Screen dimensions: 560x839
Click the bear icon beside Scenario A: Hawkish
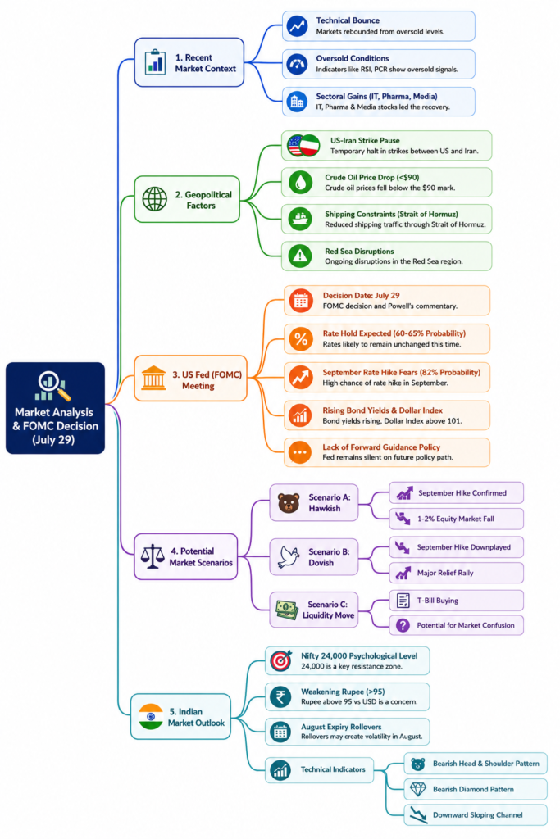coord(289,503)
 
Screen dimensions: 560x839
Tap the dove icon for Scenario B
coord(289,556)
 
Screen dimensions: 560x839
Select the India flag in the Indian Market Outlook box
coord(150,716)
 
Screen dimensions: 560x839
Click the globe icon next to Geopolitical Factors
coord(155,199)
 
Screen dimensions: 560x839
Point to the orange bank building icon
coord(153,378)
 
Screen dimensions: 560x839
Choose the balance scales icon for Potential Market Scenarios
coord(153,556)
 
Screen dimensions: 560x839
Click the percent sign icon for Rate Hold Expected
coord(301,338)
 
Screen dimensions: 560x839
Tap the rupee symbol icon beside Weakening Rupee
coord(280,696)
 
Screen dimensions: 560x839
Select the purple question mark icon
coord(403,625)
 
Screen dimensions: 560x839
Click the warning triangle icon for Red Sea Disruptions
coord(300,256)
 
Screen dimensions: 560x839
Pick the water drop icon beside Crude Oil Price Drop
coord(300,182)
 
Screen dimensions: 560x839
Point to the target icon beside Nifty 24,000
coord(280,661)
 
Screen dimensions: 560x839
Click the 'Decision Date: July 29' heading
coord(361,295)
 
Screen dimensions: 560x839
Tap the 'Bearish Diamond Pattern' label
coord(473,789)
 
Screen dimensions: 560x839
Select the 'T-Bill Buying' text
coord(437,601)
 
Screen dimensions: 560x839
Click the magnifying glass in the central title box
coord(49,382)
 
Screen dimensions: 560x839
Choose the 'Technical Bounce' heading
coord(348,20)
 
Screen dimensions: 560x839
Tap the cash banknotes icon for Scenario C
coord(286,610)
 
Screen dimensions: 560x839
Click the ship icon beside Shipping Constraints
coord(300,219)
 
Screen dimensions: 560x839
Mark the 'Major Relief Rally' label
coord(445,573)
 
